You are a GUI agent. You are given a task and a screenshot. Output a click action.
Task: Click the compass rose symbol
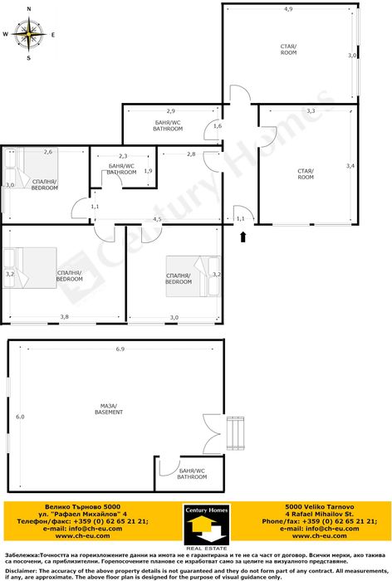[x=28, y=34]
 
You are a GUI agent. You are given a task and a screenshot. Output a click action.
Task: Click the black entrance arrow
[x=243, y=237]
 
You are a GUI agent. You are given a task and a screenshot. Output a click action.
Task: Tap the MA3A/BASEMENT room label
[x=109, y=409]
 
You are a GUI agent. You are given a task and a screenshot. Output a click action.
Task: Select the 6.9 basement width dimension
[x=120, y=349]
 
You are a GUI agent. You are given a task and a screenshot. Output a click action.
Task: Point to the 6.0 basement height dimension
[x=20, y=417]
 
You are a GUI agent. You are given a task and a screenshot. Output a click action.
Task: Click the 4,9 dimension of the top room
[x=288, y=9]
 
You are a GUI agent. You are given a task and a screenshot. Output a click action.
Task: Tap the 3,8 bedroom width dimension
[x=65, y=317]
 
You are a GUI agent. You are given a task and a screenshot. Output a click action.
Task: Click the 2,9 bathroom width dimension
[x=170, y=110]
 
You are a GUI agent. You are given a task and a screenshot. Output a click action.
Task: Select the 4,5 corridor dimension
[x=157, y=219]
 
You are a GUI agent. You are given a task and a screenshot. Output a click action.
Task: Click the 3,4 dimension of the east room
[x=350, y=166]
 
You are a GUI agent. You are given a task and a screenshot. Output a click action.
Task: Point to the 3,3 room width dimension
[x=311, y=110]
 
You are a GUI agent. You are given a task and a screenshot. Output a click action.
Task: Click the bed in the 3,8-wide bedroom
[x=30, y=267]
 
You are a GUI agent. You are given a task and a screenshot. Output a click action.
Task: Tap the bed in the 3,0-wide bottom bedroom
[x=193, y=276]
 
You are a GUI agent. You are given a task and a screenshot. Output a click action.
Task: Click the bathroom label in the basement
[x=192, y=474]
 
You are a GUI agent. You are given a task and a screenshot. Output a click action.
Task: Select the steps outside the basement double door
[x=236, y=433]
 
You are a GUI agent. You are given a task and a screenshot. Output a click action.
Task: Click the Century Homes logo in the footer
[x=207, y=527]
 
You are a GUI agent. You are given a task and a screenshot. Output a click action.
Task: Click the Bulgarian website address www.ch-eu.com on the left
[x=83, y=536]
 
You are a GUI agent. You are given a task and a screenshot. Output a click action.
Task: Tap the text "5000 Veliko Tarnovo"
[x=319, y=506]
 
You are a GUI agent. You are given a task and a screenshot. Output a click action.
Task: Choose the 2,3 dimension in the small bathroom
[x=123, y=156]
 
